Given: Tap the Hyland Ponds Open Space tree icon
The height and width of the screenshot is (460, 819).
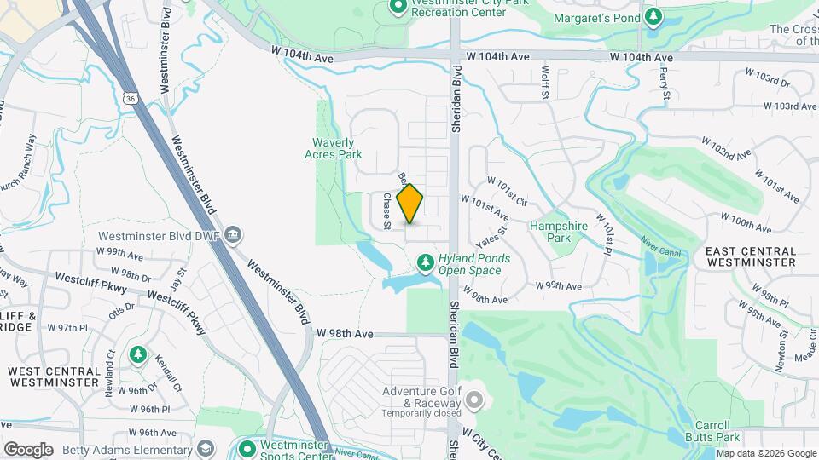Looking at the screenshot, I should pos(425,260).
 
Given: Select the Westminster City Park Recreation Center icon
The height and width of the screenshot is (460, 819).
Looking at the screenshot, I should pos(398,7).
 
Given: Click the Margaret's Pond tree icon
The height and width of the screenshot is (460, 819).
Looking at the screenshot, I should pos(653,17).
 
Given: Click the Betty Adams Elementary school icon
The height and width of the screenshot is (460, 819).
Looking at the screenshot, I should pos(206,449).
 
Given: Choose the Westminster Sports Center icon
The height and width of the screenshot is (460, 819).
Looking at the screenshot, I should pos(247,447).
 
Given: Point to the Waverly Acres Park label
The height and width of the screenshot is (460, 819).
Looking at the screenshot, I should pos(334,148).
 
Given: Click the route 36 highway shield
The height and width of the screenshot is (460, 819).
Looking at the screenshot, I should pos(130,98).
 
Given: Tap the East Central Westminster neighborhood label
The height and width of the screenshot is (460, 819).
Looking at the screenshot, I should pos(751,256).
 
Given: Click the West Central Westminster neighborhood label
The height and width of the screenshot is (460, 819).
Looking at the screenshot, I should pos(54,377).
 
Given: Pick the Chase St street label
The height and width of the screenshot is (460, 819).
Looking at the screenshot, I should pos(386,210).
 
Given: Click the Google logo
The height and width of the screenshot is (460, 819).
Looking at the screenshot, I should pos(28,449).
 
